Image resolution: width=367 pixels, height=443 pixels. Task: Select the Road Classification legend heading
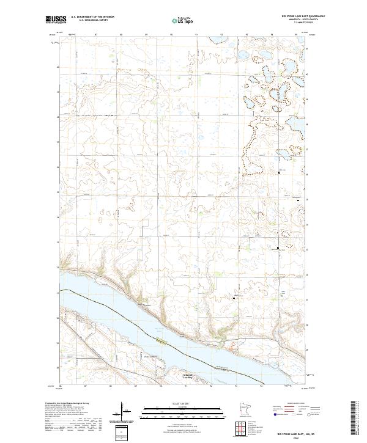(297, 403)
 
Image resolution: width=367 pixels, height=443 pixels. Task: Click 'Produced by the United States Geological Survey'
(67, 403)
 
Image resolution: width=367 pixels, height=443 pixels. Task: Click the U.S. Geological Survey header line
(92, 21)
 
